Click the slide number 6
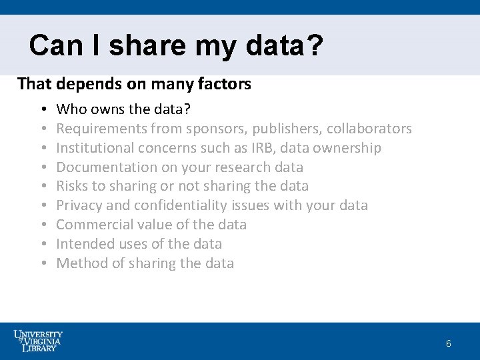449,344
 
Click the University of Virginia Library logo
38,340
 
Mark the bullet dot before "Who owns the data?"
42,109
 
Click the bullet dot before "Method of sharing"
42,263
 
